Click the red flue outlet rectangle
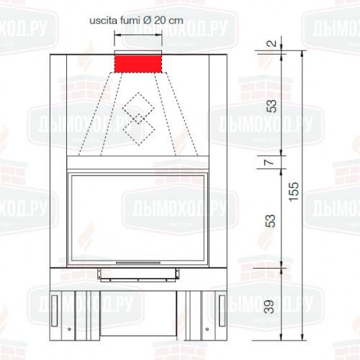coord(138,64)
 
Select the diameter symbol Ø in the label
coord(147,20)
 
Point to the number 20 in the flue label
coord(160,20)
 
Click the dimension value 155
coord(294,192)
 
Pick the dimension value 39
coord(269,307)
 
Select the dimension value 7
coord(269,162)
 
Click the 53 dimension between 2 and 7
coord(271,106)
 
